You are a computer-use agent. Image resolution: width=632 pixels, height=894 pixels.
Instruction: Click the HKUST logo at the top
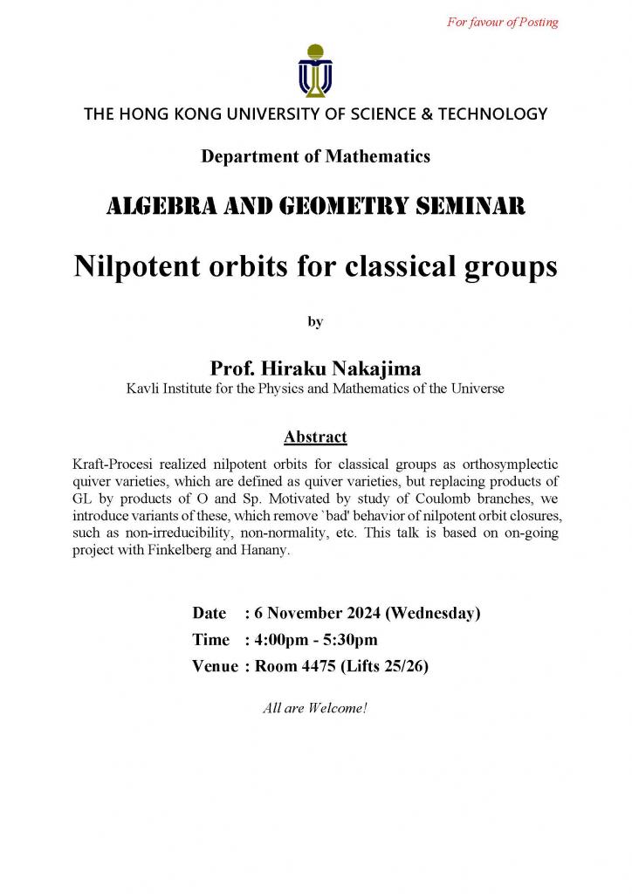(315, 70)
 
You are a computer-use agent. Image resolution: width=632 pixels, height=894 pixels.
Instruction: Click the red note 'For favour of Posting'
(502, 23)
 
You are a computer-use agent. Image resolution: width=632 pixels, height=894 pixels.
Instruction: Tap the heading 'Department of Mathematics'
(315, 157)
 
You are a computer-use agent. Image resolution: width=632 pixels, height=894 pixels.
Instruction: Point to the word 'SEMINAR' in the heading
(473, 207)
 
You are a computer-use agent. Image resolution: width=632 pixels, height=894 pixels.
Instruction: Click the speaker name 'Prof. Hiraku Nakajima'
(315, 369)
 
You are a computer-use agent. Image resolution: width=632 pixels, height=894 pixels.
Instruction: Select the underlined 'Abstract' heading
(315, 437)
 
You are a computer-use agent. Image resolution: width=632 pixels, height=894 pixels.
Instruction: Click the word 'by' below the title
(315, 322)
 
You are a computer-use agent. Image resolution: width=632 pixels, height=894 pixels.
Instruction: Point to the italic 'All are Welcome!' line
(315, 708)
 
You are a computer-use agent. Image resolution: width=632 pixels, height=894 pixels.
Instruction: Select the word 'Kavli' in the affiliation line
(144, 389)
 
